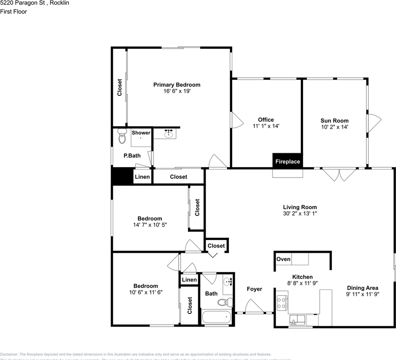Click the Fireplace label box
(x=288, y=161)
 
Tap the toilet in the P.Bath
(x=122, y=136)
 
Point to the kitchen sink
(x=297, y=320)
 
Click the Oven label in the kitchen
(x=283, y=259)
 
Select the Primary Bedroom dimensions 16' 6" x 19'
(x=177, y=91)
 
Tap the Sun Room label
(x=334, y=120)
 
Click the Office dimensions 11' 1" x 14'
(x=266, y=126)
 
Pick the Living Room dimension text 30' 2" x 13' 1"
(x=300, y=213)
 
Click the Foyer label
(x=254, y=289)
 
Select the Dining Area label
(x=362, y=288)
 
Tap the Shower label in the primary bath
(x=141, y=133)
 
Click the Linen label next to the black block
(x=142, y=177)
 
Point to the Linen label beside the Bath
(x=189, y=280)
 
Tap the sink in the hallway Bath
(x=227, y=282)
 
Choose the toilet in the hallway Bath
(x=224, y=302)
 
